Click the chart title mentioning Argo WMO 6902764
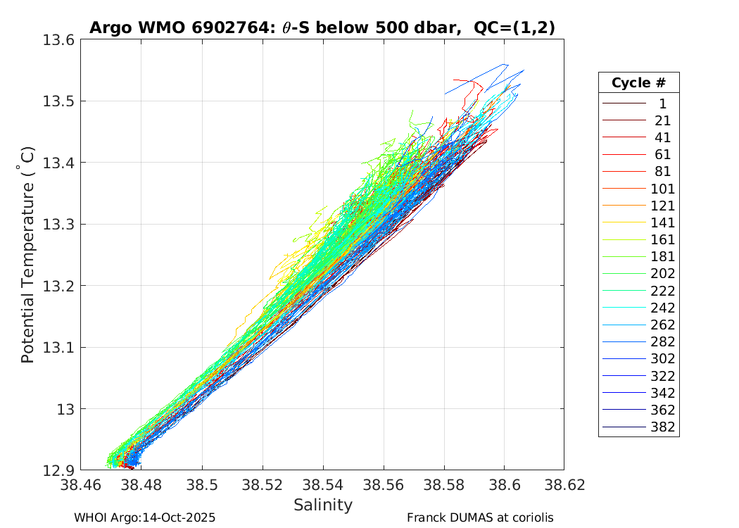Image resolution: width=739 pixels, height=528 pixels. (x=322, y=28)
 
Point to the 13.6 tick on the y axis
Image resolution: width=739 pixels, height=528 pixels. (x=61, y=40)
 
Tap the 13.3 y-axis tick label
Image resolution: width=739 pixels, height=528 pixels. (x=61, y=225)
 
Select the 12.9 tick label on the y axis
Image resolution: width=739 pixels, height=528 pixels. (x=61, y=470)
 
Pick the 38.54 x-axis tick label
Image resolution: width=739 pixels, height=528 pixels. (x=323, y=486)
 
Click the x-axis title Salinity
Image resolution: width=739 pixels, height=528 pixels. (x=323, y=505)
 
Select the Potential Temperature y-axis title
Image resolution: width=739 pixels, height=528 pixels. (x=27, y=255)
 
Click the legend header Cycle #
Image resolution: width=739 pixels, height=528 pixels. (x=638, y=82)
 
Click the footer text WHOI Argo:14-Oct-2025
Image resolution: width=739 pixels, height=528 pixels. (x=144, y=517)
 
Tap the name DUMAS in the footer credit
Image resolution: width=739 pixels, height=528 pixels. (x=460, y=517)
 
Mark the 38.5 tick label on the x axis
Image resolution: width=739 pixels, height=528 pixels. (x=202, y=486)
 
